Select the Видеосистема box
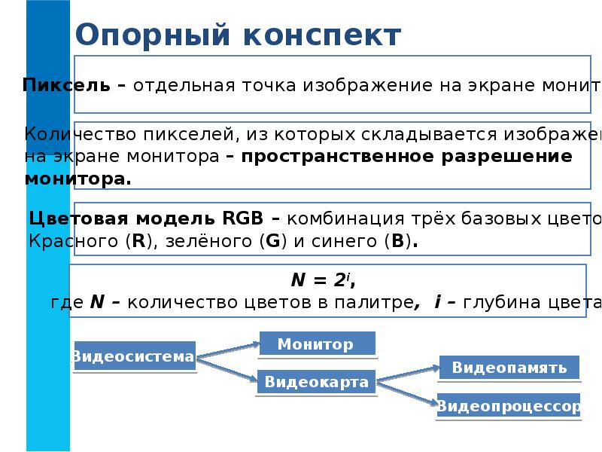[x=133, y=356]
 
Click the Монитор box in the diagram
[x=317, y=344]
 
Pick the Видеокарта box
[x=316, y=382]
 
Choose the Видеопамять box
[x=509, y=368]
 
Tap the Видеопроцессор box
[x=509, y=406]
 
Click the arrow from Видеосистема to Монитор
[x=227, y=350]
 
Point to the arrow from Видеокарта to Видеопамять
[x=407, y=374]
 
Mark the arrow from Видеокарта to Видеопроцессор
[x=406, y=393]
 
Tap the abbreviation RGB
[x=243, y=219]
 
